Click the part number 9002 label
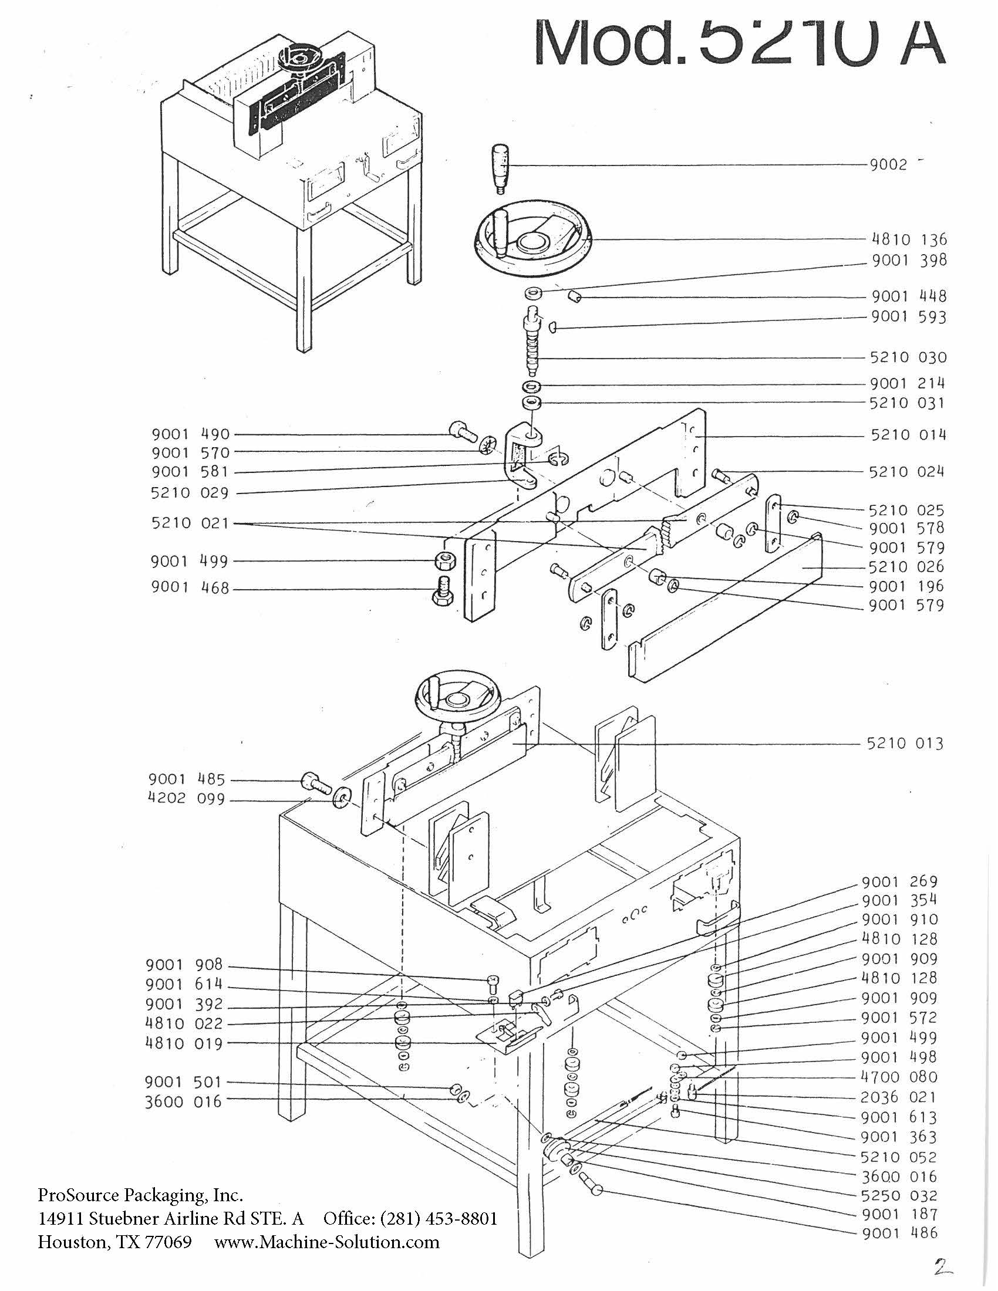point(888,165)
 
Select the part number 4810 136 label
point(909,239)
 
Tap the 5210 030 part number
point(908,357)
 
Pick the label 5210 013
point(905,743)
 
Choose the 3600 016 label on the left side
point(183,1102)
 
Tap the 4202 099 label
point(186,799)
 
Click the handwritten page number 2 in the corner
point(945,1266)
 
